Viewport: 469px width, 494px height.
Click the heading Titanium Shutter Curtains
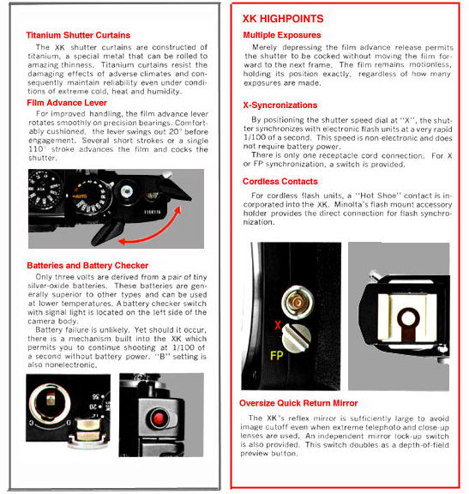pos(78,35)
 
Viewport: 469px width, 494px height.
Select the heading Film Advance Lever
pos(67,103)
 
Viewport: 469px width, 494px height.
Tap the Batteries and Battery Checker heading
pos(87,266)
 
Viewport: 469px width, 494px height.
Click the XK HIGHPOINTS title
pos(283,19)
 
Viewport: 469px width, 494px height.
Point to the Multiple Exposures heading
pos(282,35)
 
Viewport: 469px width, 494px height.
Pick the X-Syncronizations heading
pos(280,105)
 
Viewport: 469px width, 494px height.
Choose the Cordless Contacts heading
pos(280,182)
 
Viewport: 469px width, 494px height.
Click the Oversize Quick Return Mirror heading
pos(298,403)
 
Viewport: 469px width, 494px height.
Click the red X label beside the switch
pos(278,325)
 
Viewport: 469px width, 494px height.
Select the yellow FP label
pos(277,356)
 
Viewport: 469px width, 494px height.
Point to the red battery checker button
pos(159,419)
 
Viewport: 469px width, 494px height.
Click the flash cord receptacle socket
pos(298,303)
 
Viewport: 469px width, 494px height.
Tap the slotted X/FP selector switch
pos(296,339)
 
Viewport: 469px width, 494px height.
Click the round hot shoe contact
pos(408,318)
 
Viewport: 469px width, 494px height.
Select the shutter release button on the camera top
pos(127,191)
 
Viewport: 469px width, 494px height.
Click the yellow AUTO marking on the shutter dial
pos(80,196)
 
